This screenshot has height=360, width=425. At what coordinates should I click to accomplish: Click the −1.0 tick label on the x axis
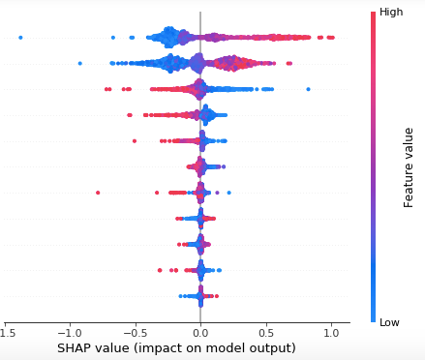67,332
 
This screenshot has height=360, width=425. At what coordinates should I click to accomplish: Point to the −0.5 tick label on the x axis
133,332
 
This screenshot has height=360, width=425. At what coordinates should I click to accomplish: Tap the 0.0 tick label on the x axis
200,332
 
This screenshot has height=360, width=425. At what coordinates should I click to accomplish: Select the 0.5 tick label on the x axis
265,332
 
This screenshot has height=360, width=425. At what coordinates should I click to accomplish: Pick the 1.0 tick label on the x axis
331,332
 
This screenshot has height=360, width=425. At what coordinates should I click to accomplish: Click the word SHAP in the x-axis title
75,348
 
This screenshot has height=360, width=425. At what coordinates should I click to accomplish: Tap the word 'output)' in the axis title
272,348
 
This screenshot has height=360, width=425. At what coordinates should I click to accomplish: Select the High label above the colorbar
391,13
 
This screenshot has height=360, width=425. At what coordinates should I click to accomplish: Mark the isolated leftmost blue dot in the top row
20,38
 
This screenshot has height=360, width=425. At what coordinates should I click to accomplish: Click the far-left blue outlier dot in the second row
79,64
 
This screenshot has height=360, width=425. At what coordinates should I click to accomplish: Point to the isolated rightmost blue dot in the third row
308,89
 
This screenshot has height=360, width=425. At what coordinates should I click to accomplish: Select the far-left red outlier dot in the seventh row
98,193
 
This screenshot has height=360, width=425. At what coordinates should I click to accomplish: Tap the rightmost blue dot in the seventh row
228,193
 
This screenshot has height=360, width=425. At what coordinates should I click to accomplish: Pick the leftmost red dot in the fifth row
135,141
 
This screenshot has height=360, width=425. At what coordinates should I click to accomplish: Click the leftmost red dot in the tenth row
160,270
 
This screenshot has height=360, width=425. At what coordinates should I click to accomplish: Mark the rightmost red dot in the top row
333,38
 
